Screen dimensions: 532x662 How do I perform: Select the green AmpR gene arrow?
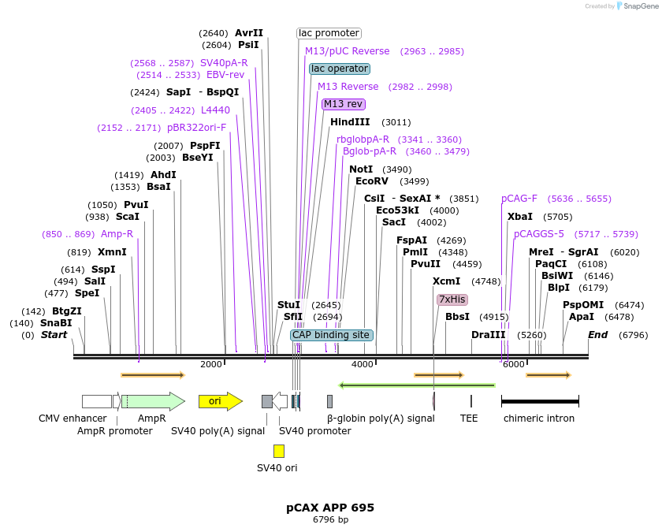tap(152, 401)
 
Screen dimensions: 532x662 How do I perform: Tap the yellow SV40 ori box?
tap(279, 451)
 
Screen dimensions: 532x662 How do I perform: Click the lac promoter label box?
tap(329, 33)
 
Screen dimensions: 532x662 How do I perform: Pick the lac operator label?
tap(340, 69)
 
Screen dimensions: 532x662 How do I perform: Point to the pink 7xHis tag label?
tap(452, 299)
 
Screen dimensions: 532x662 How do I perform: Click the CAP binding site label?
tap(331, 335)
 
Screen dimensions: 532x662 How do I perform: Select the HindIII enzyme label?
tap(350, 122)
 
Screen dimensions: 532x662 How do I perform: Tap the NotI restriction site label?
tap(361, 169)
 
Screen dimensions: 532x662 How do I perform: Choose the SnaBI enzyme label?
tap(56, 323)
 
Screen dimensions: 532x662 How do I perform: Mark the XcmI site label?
tap(446, 281)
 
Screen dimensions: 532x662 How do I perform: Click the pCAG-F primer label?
tap(519, 199)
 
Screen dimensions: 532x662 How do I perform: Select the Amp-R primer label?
tap(117, 234)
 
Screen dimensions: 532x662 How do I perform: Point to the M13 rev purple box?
tap(344, 104)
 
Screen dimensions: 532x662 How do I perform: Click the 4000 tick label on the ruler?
tap(363, 364)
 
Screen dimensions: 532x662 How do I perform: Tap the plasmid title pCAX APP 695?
tap(330, 508)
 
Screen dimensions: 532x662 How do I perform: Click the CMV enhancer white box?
tap(96, 401)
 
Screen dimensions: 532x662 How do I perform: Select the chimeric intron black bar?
tap(540, 401)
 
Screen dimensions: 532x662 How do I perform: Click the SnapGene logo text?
tap(638, 6)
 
